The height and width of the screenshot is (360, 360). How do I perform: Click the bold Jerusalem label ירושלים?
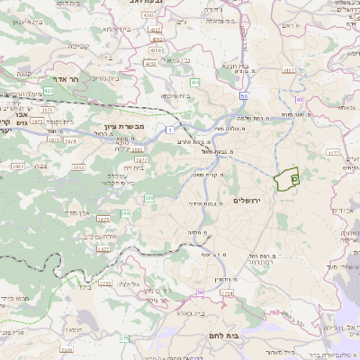[245, 199]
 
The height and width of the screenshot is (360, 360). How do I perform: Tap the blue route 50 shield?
[244, 94]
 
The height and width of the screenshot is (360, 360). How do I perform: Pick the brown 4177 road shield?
[334, 153]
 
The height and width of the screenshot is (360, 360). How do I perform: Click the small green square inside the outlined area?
[294, 181]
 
